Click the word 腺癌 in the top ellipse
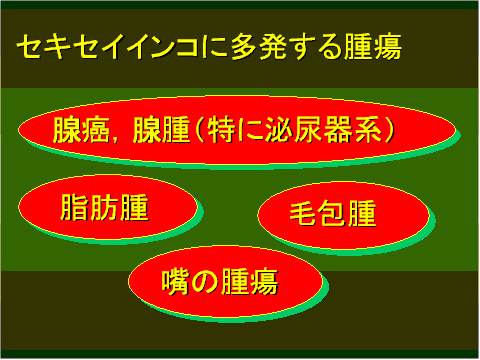pyautogui.click(x=78, y=130)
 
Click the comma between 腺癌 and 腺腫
pyautogui.click(x=116, y=136)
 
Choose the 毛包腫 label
pyautogui.click(x=332, y=215)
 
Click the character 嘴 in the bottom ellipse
pyautogui.click(x=175, y=282)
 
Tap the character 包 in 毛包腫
pyautogui.click(x=332, y=215)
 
